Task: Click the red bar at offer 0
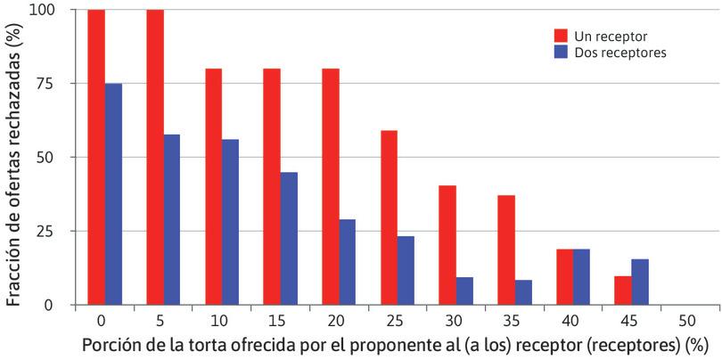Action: tap(96, 157)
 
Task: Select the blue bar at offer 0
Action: tap(113, 193)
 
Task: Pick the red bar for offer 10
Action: tap(213, 186)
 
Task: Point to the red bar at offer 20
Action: tap(330, 186)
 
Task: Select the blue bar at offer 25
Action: tap(406, 270)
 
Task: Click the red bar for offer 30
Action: tap(447, 245)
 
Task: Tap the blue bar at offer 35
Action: tap(522, 292)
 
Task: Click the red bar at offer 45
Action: tap(622, 290)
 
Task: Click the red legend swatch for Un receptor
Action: tap(561, 36)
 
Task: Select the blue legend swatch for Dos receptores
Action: tap(561, 53)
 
